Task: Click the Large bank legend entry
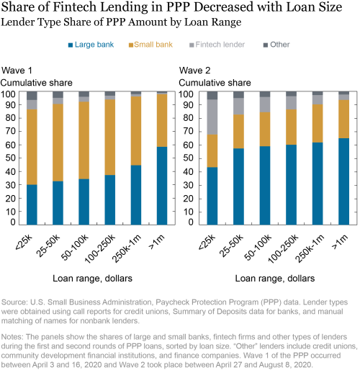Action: click(91, 45)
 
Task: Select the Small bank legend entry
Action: click(150, 45)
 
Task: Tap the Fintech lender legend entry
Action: click(217, 45)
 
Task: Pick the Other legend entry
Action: click(276, 45)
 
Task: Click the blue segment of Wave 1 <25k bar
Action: click(32, 204)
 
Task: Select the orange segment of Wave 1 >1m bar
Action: click(162, 120)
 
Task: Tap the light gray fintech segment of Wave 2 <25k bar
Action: click(212, 117)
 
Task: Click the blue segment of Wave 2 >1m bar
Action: click(343, 181)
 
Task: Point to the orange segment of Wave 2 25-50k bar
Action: click(238, 132)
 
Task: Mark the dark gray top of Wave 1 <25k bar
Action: click(32, 96)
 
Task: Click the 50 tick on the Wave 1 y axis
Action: click(10, 158)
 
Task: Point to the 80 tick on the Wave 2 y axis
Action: click(188, 118)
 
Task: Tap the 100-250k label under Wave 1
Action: click(100, 249)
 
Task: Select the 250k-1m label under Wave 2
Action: click(310, 248)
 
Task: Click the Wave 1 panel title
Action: click(17, 71)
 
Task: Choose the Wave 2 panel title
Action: click(194, 71)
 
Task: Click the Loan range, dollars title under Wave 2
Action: click(275, 279)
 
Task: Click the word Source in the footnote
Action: click(14, 302)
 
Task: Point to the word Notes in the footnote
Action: click(12, 337)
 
